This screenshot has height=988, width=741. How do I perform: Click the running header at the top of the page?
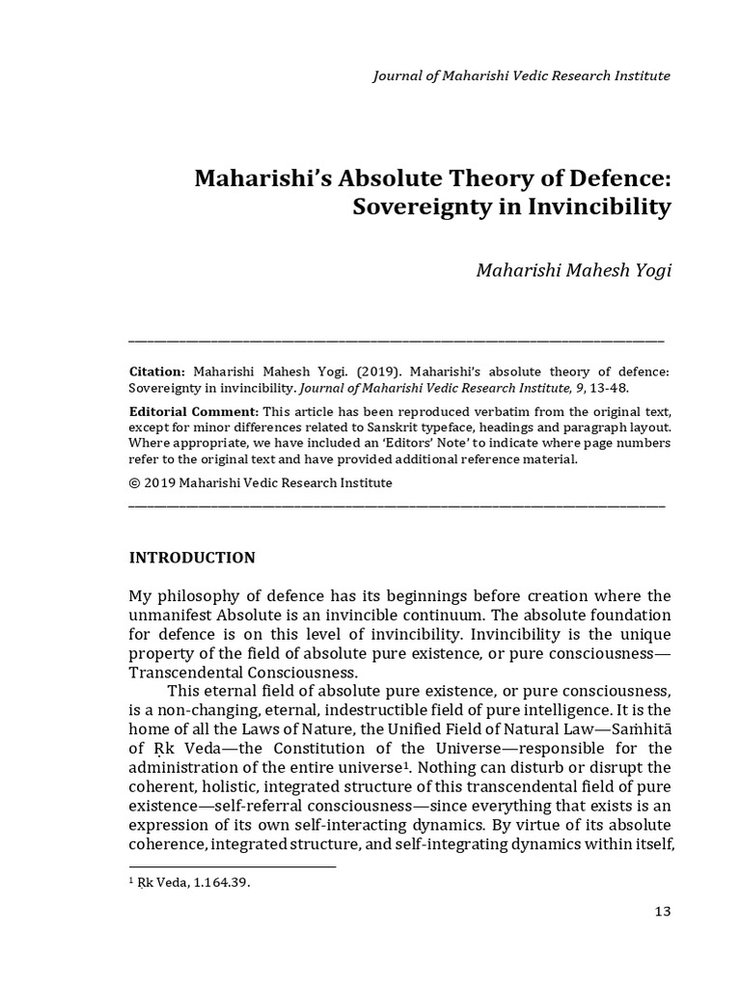521,76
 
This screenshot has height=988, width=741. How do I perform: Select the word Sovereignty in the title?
410,207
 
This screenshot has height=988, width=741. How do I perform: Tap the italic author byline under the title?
573,269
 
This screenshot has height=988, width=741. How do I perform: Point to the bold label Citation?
157,371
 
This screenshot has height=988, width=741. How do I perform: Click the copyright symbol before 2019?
135,482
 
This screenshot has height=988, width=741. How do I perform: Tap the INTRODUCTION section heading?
192,558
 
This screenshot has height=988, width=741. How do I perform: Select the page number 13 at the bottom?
661,912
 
